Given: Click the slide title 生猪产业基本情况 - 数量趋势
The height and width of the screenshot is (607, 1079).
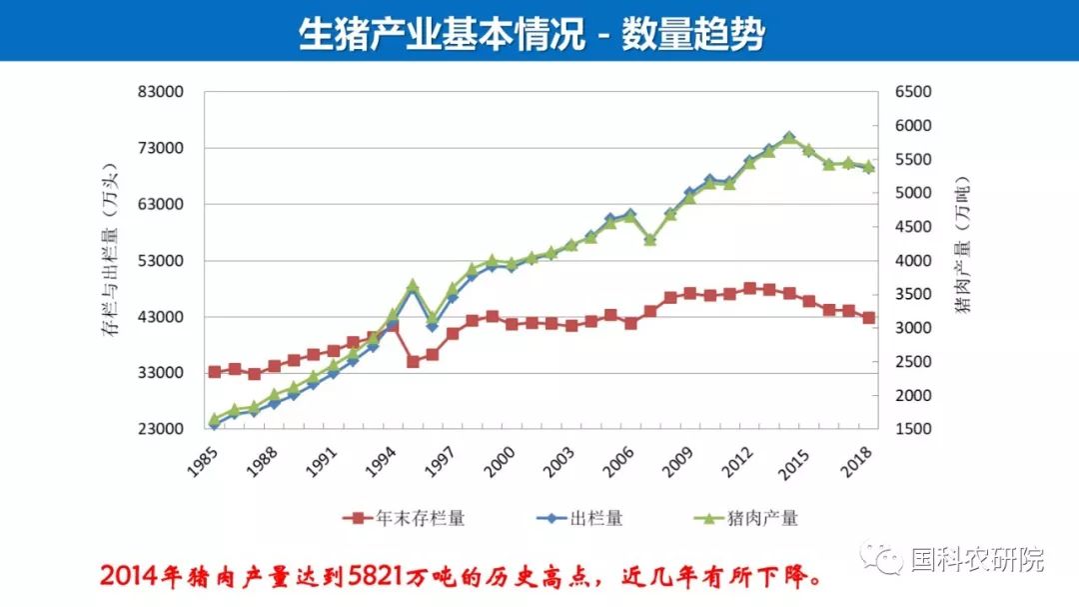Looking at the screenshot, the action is pyautogui.click(x=532, y=32).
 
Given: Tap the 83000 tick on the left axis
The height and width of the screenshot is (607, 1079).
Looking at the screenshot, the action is pyautogui.click(x=160, y=92).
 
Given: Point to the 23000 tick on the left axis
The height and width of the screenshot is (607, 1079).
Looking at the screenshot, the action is pyautogui.click(x=160, y=429).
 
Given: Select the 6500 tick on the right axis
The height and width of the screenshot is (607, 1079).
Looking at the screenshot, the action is pyautogui.click(x=913, y=92).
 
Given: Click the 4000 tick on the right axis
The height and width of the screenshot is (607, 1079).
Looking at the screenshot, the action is pyautogui.click(x=913, y=260).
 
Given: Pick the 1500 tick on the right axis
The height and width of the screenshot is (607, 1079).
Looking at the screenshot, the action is pyautogui.click(x=913, y=429).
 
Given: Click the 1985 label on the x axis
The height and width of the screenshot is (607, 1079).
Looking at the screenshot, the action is pyautogui.click(x=202, y=461).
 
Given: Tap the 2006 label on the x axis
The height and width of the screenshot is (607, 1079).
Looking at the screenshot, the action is pyautogui.click(x=618, y=461).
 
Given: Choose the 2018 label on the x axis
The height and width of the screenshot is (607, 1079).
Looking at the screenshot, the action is pyautogui.click(x=856, y=461).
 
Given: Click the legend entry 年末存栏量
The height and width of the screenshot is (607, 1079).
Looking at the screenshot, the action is pyautogui.click(x=404, y=518).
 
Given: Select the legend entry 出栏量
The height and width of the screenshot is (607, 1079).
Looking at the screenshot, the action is pyautogui.click(x=579, y=518).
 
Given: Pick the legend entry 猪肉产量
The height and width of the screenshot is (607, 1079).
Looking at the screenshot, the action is pyautogui.click(x=746, y=518).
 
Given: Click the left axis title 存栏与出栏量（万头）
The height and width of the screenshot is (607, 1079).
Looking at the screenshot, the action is pyautogui.click(x=110, y=249).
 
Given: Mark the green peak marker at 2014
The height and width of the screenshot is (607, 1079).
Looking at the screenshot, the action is pyautogui.click(x=789, y=138).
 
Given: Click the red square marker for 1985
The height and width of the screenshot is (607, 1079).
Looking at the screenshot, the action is pyautogui.click(x=215, y=372).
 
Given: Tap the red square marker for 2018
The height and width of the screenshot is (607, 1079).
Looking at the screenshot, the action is pyautogui.click(x=868, y=318).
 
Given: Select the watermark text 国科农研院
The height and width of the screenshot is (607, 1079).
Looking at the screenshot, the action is pyautogui.click(x=978, y=559).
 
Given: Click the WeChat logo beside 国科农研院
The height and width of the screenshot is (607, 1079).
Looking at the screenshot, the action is pyautogui.click(x=881, y=557).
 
